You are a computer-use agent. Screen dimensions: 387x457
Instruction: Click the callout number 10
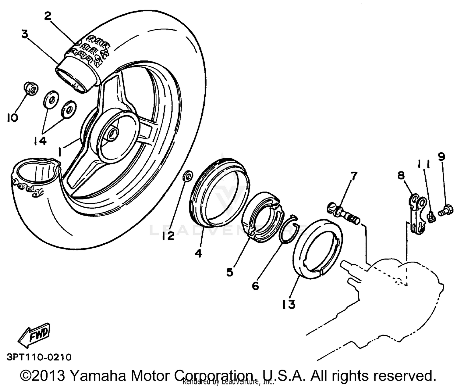coord(12,117)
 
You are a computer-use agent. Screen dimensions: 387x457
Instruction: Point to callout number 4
coord(198,253)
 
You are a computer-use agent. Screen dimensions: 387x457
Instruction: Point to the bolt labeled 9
coord(446,210)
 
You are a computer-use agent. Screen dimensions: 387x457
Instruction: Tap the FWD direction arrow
coord(34,335)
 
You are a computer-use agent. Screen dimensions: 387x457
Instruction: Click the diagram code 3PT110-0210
coord(39,357)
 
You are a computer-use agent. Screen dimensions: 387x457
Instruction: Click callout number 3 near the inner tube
coord(25,34)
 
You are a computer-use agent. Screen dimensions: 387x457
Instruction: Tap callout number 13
coord(289,304)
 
